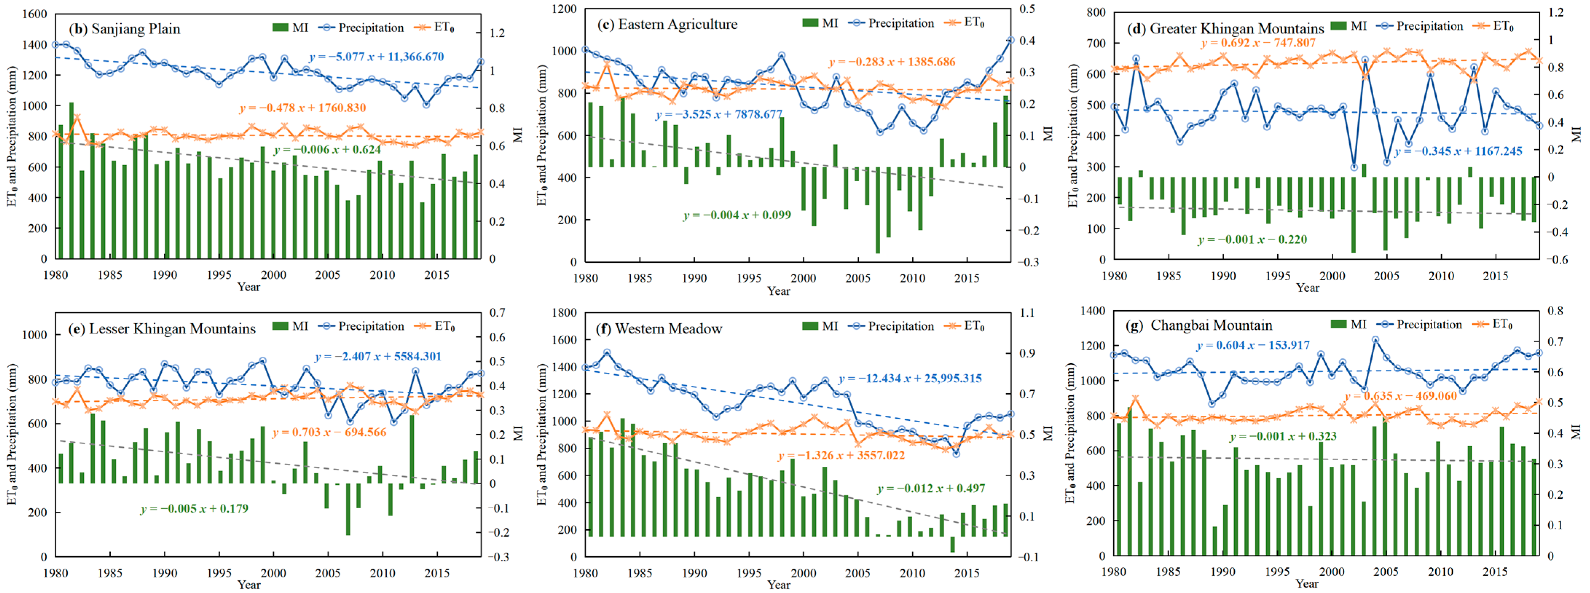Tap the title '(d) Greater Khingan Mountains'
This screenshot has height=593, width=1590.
pos(1225,28)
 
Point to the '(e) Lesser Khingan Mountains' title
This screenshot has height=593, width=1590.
pos(162,328)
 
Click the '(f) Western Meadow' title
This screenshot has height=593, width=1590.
pos(658,328)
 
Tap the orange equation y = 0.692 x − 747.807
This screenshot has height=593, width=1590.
pos(1258,43)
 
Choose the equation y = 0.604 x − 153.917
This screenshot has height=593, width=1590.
pos(1253,345)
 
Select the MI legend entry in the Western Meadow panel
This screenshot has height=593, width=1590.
pos(820,326)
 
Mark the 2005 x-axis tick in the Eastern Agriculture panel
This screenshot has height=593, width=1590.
pos(858,278)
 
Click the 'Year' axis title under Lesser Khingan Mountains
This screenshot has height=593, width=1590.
pos(249,584)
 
